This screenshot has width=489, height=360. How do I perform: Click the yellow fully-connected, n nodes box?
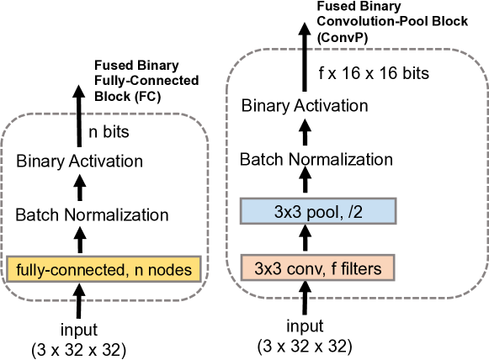pyautogui.click(x=105, y=269)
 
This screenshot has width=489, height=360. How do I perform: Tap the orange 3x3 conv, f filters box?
pyautogui.click(x=317, y=269)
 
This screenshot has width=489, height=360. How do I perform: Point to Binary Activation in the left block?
pyautogui.click(x=80, y=161)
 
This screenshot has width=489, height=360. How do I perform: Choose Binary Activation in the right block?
pyautogui.click(x=305, y=106)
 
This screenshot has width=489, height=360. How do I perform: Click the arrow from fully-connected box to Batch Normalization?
pyautogui.click(x=81, y=242)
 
